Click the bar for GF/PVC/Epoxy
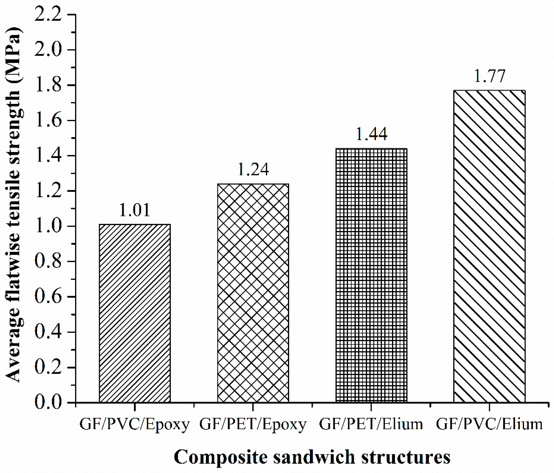tap(135, 313)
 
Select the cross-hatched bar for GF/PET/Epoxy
tap(253, 293)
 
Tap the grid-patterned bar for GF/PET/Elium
tap(371, 275)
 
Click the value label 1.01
tap(134, 210)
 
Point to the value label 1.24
tap(253, 169)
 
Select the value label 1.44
tap(371, 134)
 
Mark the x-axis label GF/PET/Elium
tap(371, 424)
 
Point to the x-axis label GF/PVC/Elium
tap(489, 424)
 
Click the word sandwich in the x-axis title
tap(314, 458)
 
